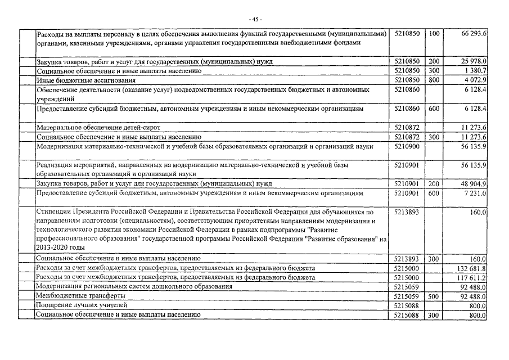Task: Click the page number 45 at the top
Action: click(x=255, y=20)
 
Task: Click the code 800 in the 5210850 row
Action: click(x=434, y=80)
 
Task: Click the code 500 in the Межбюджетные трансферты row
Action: click(x=434, y=296)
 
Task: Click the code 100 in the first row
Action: click(x=434, y=34)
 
